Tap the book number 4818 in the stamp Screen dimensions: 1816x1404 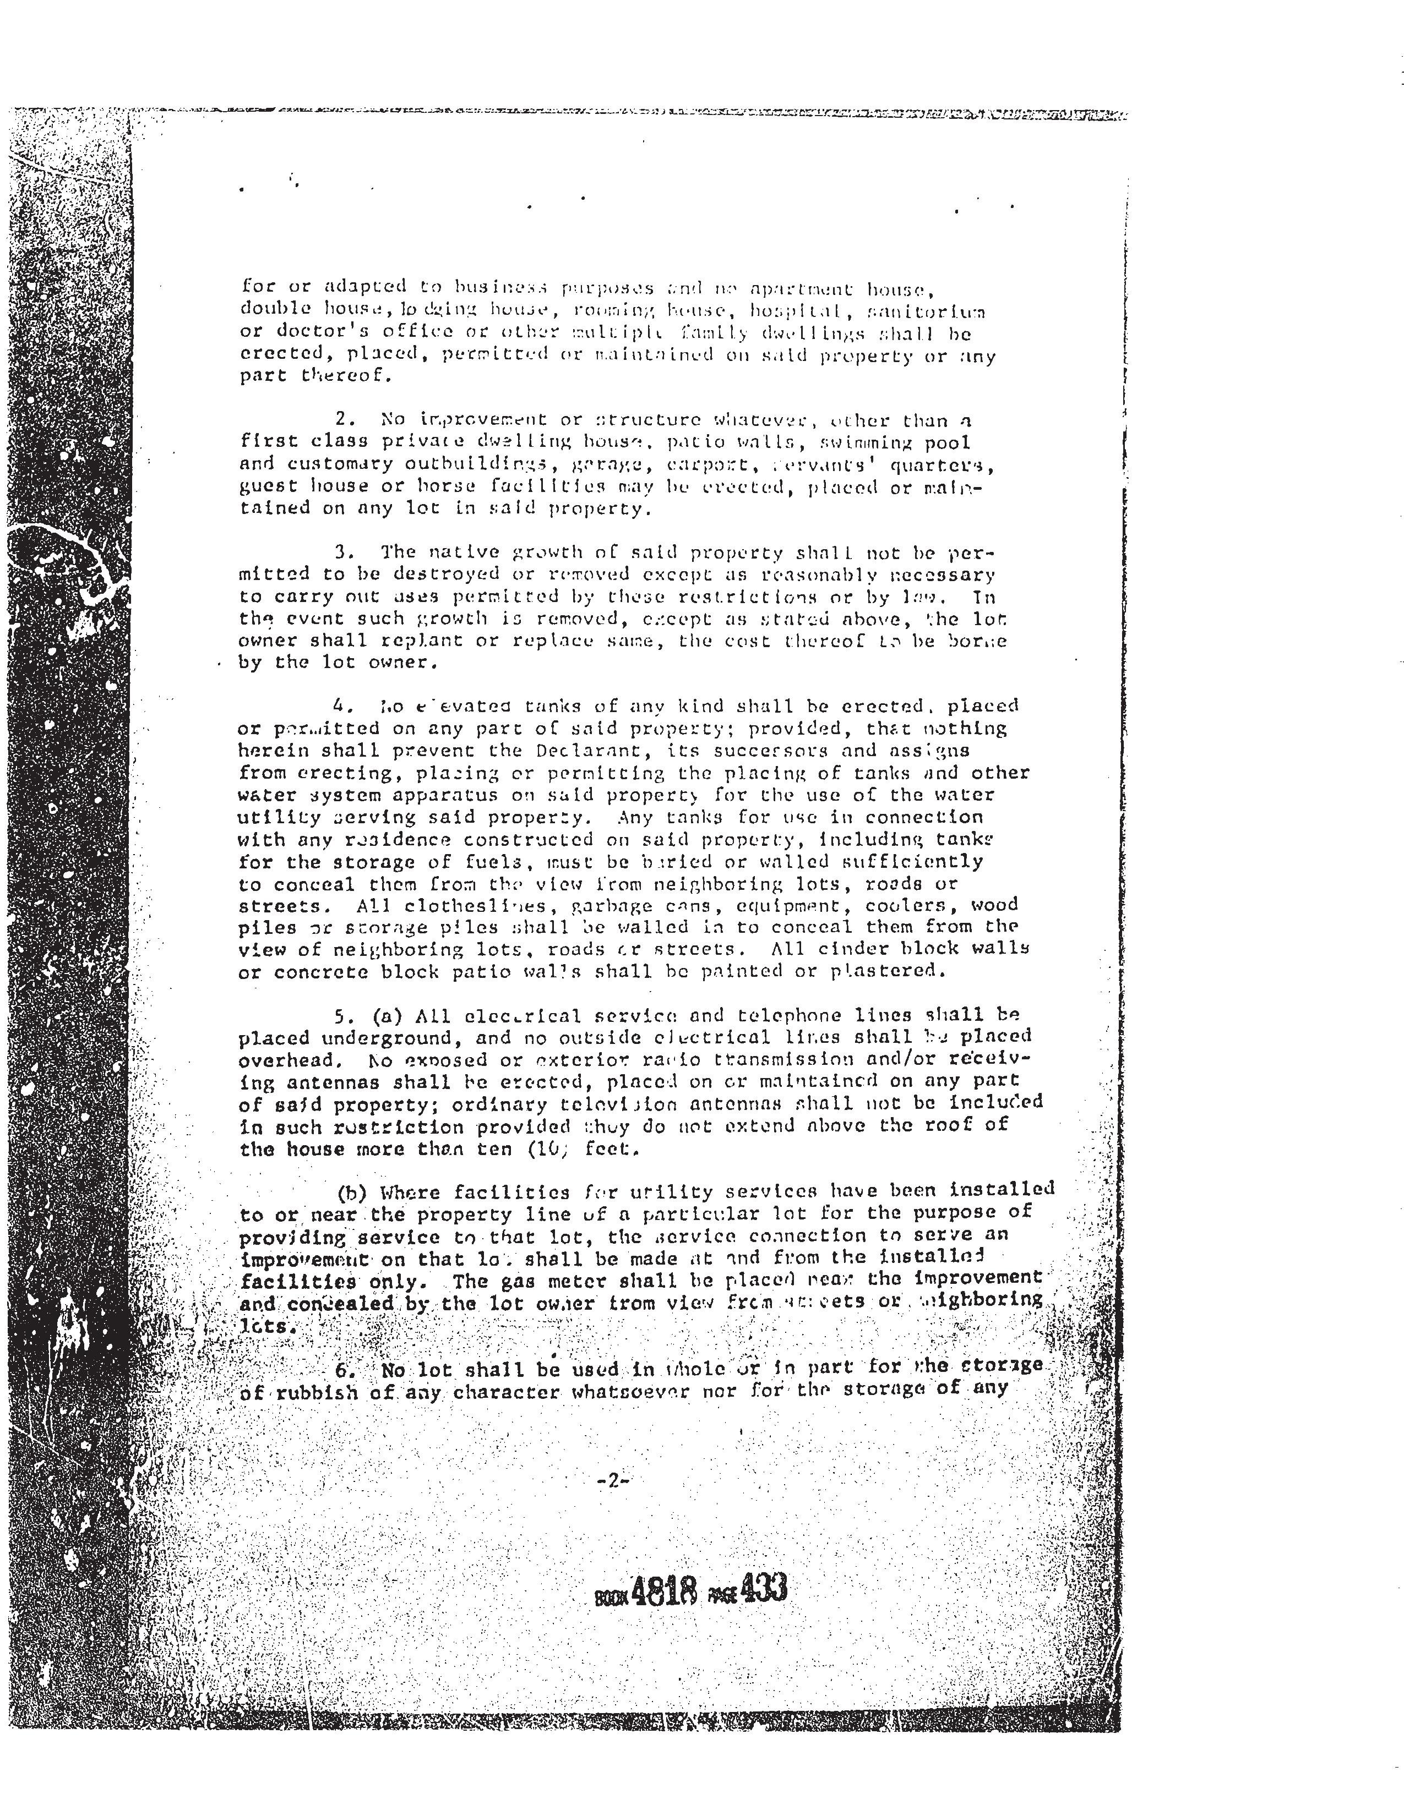(663, 1591)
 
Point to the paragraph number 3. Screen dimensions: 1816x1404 (341, 552)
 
